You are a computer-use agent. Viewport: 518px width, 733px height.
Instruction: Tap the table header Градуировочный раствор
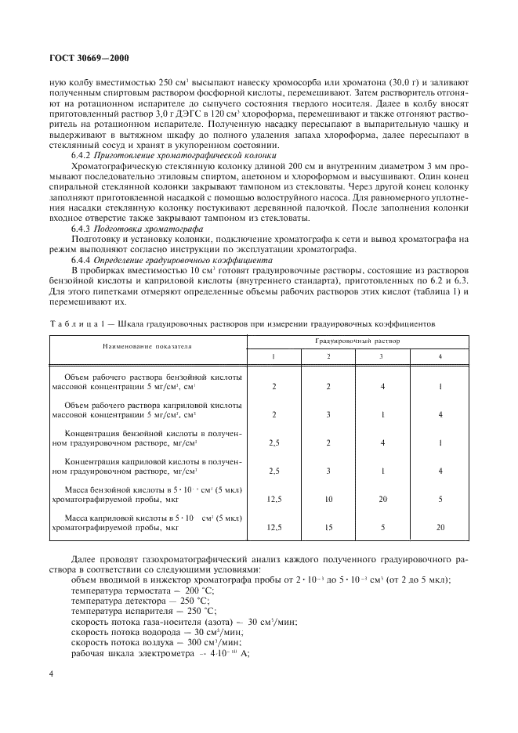(x=357, y=341)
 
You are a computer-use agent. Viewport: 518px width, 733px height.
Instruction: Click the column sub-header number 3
(x=381, y=356)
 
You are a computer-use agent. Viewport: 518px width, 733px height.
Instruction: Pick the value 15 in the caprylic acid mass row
(x=328, y=527)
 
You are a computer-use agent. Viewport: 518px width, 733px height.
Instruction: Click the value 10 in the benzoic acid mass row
(x=328, y=498)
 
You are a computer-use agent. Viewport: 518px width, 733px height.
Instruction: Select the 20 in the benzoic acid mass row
(x=381, y=498)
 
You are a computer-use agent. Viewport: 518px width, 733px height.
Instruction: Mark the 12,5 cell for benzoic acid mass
(x=274, y=498)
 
